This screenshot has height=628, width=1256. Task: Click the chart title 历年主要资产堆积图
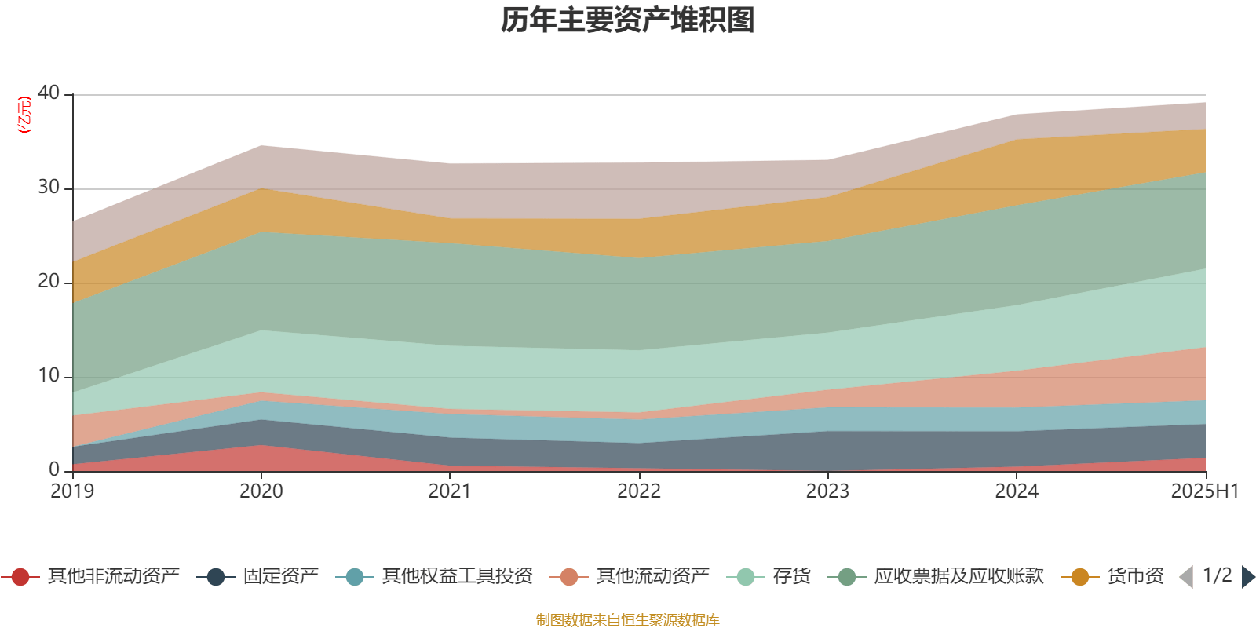(628, 20)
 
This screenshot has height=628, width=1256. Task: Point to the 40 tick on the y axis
(49, 93)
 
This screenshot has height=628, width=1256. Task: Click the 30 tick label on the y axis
(49, 187)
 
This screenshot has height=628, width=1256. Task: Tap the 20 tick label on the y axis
(49, 281)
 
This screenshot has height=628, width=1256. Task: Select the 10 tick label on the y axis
(49, 375)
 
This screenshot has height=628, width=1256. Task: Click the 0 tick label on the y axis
(54, 469)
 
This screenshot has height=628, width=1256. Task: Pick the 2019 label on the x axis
(72, 491)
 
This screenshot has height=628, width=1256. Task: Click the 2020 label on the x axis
(261, 491)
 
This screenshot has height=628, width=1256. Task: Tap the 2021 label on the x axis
(450, 491)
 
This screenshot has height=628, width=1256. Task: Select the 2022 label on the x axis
(639, 491)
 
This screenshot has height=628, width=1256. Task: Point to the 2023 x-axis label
(827, 491)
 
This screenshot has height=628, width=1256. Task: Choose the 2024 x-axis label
(1017, 491)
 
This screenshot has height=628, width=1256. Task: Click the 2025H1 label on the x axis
(1204, 491)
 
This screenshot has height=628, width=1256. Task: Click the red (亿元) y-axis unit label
(24, 115)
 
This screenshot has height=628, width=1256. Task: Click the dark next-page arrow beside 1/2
(1247, 577)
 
